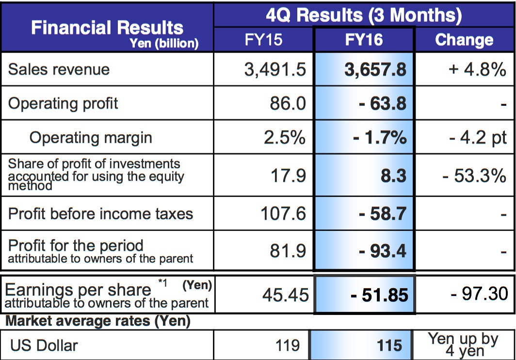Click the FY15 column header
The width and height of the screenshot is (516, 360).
click(263, 40)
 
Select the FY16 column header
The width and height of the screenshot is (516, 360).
click(364, 40)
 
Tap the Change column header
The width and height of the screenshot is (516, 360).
click(464, 40)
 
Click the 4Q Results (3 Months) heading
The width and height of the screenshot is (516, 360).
click(364, 15)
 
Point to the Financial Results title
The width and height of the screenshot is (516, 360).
click(107, 28)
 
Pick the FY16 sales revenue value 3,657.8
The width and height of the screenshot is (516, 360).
click(375, 69)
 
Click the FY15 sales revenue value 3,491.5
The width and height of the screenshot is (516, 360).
click(275, 69)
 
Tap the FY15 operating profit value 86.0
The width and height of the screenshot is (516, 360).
click(288, 103)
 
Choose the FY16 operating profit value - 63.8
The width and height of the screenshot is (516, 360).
click(382, 103)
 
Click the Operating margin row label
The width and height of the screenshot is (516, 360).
click(91, 137)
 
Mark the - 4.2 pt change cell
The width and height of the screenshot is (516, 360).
click(477, 137)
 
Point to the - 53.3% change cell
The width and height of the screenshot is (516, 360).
click(474, 175)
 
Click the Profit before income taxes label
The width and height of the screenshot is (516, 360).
click(100, 213)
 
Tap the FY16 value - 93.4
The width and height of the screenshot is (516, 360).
click(382, 251)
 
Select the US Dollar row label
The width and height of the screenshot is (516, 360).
click(44, 345)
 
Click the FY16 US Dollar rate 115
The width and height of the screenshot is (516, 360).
click(389, 345)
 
